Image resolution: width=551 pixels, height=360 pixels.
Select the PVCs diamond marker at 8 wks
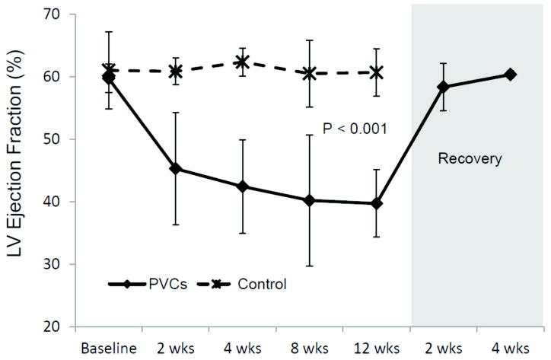click(310, 200)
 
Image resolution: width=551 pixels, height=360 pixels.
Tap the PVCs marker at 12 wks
click(377, 203)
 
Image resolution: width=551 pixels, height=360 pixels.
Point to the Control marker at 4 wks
click(243, 62)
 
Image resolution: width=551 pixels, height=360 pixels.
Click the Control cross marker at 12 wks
click(377, 72)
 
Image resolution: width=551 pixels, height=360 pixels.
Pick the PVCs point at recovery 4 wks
click(511, 75)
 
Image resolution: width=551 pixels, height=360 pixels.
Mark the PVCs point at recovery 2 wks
click(444, 87)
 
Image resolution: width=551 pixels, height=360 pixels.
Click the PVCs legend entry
click(158, 285)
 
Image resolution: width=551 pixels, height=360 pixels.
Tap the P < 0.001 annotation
click(356, 129)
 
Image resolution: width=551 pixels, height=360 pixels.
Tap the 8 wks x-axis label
click(310, 343)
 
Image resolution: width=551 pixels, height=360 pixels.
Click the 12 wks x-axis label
click(377, 343)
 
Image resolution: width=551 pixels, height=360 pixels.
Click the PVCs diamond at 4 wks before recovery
click(243, 186)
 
